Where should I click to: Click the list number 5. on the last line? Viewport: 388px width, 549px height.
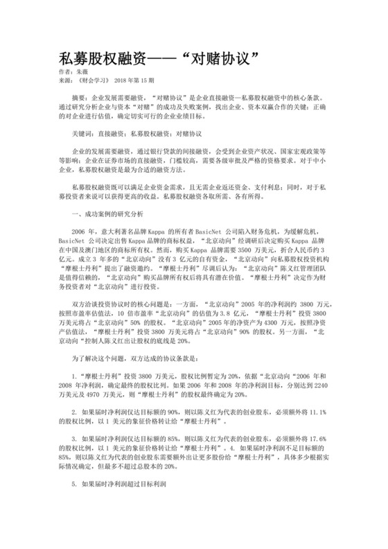tap(74, 485)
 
